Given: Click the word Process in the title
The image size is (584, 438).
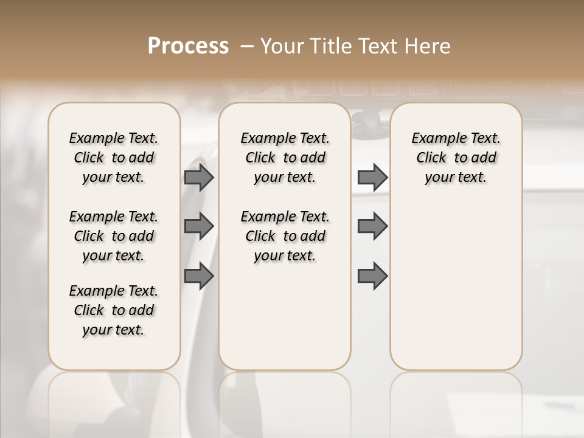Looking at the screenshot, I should [188, 46].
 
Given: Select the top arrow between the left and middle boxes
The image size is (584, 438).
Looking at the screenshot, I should [199, 178].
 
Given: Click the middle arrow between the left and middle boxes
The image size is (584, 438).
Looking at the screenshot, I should [199, 226].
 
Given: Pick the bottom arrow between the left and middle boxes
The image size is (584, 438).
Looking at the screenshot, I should [199, 276].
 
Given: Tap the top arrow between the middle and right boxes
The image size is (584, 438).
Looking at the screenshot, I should [372, 178].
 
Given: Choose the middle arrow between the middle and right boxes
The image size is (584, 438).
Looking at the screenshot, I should [372, 226].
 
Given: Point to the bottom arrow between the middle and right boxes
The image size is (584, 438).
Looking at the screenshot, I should [372, 276].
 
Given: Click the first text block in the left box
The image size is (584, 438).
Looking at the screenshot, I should [114, 158].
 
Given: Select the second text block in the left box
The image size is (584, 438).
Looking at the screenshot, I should [114, 236].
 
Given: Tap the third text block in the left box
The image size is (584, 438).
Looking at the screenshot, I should [114, 310].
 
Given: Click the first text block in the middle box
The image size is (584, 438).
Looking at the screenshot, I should [285, 158].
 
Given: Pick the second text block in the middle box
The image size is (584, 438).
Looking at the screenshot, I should [285, 236].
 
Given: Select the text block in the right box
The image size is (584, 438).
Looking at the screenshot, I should [456, 158].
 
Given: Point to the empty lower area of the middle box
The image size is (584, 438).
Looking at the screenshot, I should [285, 316].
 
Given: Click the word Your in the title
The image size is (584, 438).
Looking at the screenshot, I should [280, 46].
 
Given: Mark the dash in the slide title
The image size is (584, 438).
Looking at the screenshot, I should [248, 46].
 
